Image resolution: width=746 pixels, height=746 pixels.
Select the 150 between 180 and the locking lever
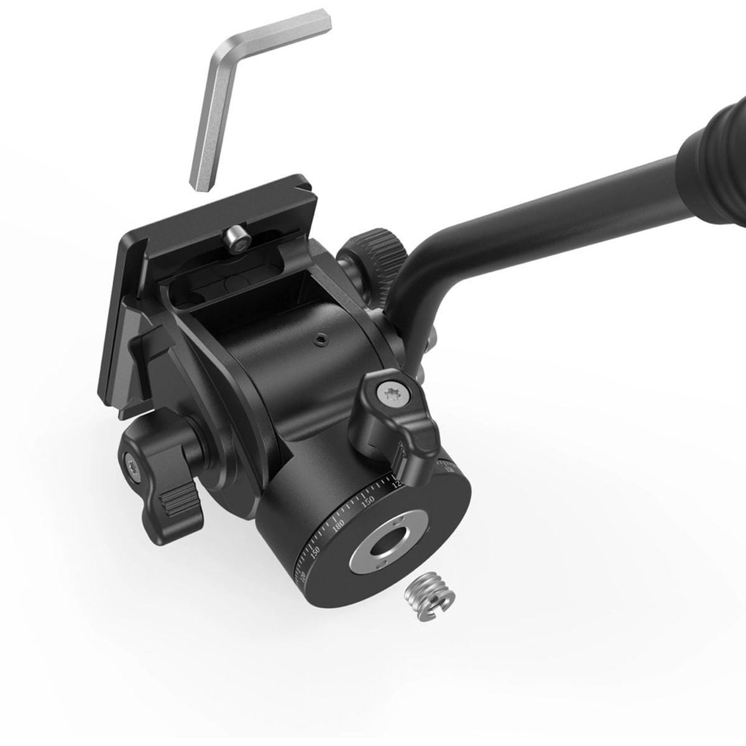(368, 500)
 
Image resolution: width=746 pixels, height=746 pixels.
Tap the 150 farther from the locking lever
(316, 552)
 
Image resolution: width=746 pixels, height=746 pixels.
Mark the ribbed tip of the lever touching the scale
(403, 461)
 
